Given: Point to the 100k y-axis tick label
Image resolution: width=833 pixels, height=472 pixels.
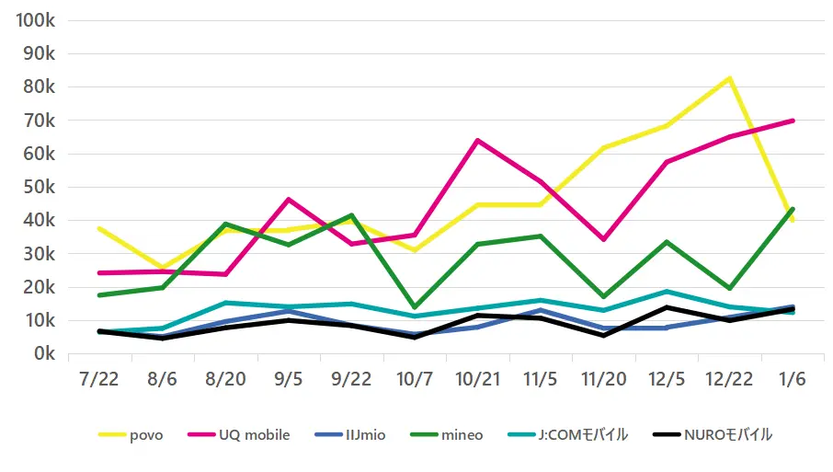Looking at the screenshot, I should click(x=37, y=20).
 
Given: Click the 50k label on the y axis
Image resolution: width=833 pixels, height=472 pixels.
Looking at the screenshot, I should click(x=40, y=187).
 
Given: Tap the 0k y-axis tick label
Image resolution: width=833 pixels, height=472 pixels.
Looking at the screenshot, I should click(x=44, y=353).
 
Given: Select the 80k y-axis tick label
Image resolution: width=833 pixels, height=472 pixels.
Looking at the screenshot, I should click(x=40, y=86).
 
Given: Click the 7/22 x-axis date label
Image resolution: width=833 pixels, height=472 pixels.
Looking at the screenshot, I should click(x=98, y=381).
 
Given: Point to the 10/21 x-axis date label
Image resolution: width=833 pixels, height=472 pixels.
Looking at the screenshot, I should click(x=477, y=381).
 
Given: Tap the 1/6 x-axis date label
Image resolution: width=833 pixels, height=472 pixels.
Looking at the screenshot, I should click(x=793, y=381).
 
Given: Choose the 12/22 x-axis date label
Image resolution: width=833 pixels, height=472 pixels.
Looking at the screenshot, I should click(x=729, y=381).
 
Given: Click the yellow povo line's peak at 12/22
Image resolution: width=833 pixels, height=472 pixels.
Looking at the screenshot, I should click(x=729, y=78).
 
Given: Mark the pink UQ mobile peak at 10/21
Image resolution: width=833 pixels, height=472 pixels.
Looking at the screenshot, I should click(x=477, y=140).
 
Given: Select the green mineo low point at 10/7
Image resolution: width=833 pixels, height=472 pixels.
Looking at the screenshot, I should click(x=414, y=307).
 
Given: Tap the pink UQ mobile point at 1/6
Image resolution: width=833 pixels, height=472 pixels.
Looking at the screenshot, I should click(x=793, y=121).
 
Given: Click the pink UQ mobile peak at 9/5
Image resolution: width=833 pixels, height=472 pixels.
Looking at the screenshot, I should click(x=288, y=199).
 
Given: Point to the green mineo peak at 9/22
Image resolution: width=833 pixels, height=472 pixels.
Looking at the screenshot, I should click(x=350, y=215).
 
